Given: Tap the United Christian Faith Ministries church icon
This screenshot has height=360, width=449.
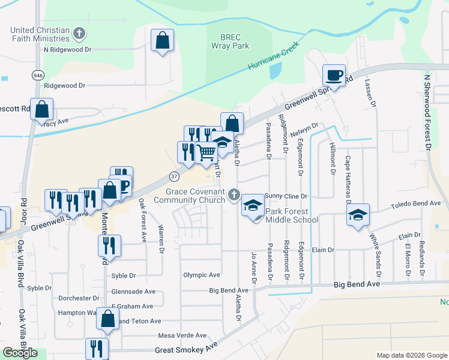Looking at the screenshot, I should (x=79, y=32).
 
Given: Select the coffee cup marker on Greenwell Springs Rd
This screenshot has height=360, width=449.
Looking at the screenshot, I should (x=334, y=76).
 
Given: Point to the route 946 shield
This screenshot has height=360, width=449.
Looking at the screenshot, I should (x=38, y=75).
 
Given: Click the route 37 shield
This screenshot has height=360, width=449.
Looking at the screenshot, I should (x=174, y=176).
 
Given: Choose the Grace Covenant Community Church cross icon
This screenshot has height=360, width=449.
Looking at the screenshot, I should (x=234, y=195).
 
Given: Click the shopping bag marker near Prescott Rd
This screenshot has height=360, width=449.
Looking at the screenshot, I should (x=41, y=110).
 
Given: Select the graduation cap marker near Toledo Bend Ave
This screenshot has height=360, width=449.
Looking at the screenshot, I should (x=358, y=215).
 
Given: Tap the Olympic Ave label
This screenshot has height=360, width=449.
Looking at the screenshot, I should (x=202, y=275).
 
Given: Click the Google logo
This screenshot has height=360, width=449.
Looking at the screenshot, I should (x=20, y=353).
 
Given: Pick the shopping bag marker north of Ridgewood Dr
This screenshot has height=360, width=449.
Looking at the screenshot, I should (x=162, y=41).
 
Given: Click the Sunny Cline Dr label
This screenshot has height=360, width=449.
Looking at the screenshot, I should (x=286, y=196).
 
